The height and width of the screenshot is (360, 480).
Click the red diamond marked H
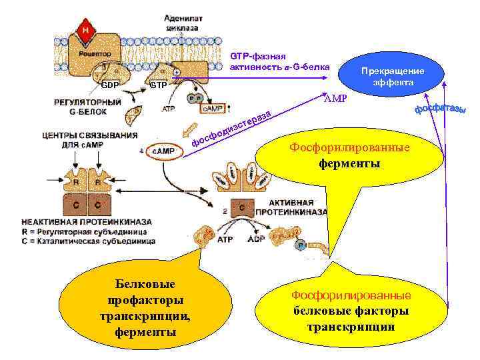86,30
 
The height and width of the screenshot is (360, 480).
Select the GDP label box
109,85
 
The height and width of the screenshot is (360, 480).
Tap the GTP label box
158,85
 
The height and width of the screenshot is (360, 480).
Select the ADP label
256,238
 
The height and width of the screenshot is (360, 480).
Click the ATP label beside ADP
225,238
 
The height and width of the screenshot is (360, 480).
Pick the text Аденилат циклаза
184,24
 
